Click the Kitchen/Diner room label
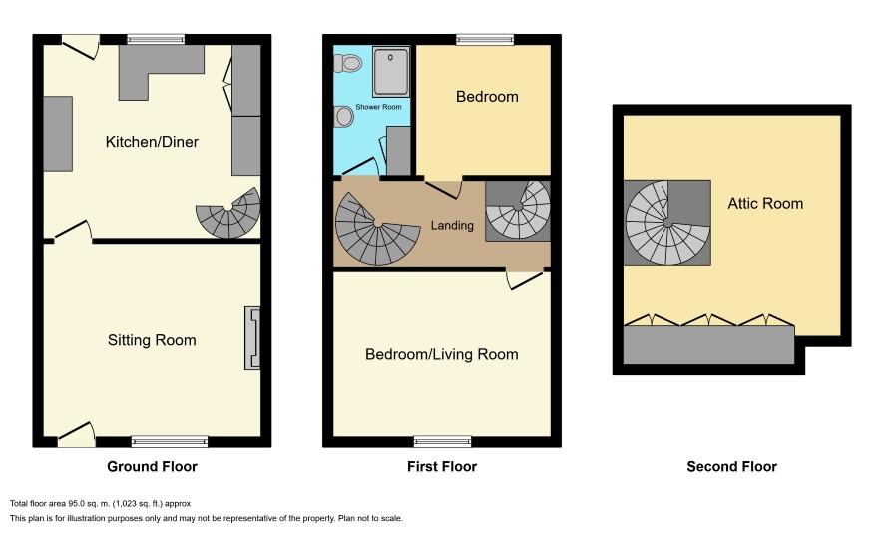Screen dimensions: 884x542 [x=152, y=142]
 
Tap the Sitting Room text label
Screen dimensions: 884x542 [x=152, y=340]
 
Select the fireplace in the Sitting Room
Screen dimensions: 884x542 [x=252, y=338]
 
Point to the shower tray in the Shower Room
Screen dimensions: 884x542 [x=391, y=72]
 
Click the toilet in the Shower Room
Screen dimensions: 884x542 [x=348, y=63]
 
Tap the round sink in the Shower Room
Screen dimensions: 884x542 [x=343, y=117]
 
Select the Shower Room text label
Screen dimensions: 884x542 [x=378, y=107]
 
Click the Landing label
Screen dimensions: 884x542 [x=452, y=225]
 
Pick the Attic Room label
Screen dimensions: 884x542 [x=765, y=203]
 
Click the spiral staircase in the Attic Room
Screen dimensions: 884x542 [x=666, y=223]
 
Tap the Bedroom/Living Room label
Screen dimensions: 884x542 [x=441, y=354]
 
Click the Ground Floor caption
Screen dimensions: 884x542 [x=153, y=466]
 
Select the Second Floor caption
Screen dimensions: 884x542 [x=731, y=466]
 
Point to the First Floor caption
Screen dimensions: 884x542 [x=442, y=466]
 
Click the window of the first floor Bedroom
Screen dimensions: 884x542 [x=485, y=40]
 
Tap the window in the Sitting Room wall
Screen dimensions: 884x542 [x=170, y=441]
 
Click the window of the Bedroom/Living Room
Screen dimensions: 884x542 [x=443, y=441]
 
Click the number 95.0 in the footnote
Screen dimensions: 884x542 [x=76, y=504]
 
